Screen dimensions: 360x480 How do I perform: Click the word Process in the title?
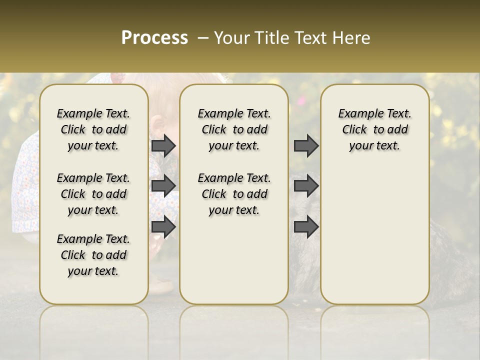pos(154,38)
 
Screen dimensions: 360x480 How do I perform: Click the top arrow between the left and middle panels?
pos(163,146)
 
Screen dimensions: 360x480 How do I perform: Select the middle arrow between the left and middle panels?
pos(163,186)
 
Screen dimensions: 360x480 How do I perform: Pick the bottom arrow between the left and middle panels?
pos(163,227)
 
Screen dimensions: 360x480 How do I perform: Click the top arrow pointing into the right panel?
pos(306,146)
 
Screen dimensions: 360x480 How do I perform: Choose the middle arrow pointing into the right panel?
pos(306,186)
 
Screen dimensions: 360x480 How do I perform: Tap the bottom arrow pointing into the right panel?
pos(306,227)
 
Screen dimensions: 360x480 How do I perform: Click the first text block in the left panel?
pos(93,129)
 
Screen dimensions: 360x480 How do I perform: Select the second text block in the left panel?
pos(93,194)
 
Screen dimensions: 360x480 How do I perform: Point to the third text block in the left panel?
pos(93,255)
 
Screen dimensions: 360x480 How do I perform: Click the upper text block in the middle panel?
pos(234,129)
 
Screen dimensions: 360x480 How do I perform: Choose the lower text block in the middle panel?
pos(234,194)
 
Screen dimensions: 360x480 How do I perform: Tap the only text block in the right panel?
pos(374,129)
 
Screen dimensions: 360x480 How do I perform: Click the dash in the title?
pos(203,38)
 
